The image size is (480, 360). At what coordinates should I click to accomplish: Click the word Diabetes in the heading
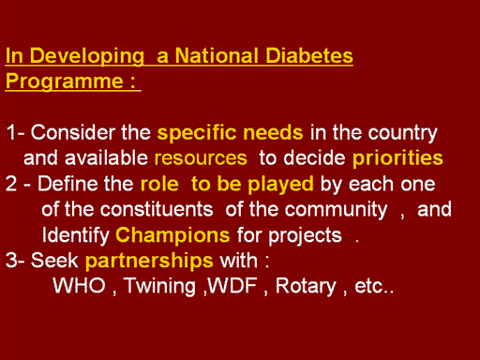pos(309,55)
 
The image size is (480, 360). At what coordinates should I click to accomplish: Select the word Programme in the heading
pos(65,82)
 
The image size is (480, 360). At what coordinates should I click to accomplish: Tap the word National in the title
pos(217,55)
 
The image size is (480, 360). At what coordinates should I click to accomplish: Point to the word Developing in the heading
pos(87,57)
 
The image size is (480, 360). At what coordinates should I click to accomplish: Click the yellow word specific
pos(197,133)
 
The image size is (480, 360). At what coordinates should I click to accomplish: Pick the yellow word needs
pos(273,132)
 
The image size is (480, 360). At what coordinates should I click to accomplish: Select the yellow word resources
pos(201,158)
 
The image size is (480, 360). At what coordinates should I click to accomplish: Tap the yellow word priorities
pos(397,158)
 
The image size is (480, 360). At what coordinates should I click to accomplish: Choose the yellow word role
pos(159,184)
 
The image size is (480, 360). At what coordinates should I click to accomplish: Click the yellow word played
pos(280,185)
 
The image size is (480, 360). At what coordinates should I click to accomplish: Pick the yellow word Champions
pos(172,235)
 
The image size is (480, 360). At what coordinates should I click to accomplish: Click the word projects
pos(305,236)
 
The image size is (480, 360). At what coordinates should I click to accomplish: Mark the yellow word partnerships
pos(149,262)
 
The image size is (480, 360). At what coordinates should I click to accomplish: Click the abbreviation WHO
pos(80,286)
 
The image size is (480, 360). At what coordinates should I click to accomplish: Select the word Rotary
pos(306,287)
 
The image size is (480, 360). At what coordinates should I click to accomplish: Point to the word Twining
pos(160,287)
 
